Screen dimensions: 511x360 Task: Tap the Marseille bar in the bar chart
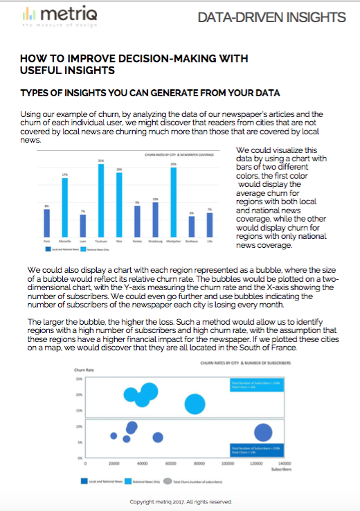coord(64,208)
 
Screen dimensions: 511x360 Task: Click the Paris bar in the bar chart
coord(46,223)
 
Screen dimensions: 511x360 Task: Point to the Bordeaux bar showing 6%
coord(191,226)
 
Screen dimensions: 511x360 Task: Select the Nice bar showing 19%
coord(119,204)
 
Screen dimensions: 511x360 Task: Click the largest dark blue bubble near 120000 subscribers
coord(262,433)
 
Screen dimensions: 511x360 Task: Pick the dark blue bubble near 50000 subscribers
coord(158,437)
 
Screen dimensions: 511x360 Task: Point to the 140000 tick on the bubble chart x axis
coord(283,463)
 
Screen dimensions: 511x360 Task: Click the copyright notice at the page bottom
coord(180,501)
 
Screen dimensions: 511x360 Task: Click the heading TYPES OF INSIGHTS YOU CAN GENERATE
coord(150,93)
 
